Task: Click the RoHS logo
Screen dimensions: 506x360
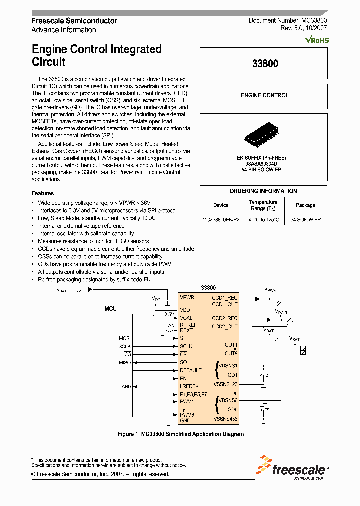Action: point(317,40)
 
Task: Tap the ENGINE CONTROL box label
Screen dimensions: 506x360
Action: point(264,95)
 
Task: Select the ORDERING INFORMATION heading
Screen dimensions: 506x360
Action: point(263,191)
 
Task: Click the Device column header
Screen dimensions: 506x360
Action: point(221,205)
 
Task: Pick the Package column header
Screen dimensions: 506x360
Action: point(305,205)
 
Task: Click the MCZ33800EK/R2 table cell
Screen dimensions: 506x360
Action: point(221,220)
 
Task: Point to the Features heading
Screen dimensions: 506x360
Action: point(43,193)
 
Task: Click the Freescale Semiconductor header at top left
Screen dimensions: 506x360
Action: point(74,21)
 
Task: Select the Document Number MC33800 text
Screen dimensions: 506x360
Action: point(288,21)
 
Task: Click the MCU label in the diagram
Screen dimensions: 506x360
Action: point(110,309)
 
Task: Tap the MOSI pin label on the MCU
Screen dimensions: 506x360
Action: point(125,338)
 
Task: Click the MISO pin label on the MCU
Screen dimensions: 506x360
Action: point(125,362)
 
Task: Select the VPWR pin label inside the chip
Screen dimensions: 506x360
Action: point(187,297)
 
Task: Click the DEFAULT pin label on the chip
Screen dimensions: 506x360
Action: point(191,370)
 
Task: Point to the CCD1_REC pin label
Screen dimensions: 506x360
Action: point(225,298)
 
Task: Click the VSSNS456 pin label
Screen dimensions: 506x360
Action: point(226,419)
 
